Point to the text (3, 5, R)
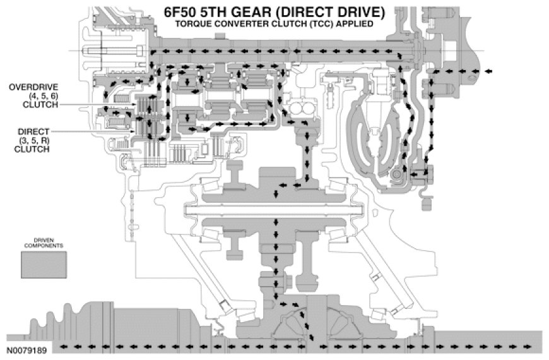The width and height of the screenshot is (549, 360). click(x=26, y=140)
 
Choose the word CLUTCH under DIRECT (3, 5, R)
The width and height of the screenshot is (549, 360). click(x=26, y=150)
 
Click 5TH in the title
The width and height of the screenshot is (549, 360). click(x=221, y=11)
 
